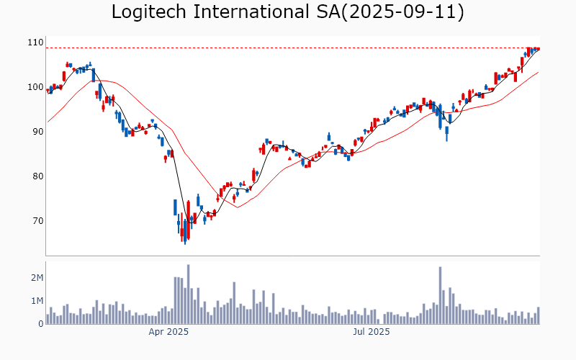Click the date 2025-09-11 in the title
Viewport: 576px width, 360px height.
click(411, 12)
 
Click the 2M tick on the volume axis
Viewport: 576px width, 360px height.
click(36, 278)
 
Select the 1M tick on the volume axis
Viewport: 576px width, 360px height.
click(36, 301)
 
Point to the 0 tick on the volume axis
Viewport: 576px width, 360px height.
click(40, 324)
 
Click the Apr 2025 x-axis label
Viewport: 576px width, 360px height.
click(168, 332)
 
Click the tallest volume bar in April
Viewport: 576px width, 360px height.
click(188, 294)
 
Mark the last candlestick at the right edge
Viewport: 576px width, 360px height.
click(538, 48)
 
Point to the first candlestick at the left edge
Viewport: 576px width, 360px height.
click(48, 91)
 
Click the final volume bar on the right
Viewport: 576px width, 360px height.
click(538, 315)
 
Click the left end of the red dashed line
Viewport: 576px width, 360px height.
click(47, 48)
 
